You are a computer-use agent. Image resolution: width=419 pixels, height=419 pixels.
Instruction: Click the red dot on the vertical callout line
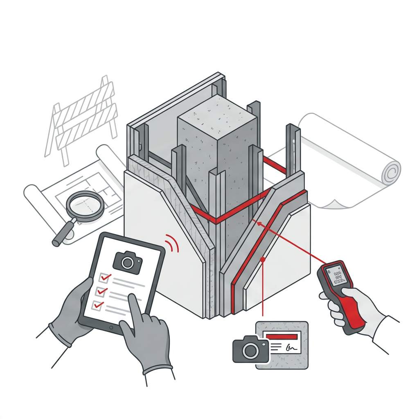263,259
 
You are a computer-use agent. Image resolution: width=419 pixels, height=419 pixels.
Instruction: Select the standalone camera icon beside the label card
250,350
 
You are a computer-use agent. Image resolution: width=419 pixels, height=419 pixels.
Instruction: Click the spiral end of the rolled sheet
391,172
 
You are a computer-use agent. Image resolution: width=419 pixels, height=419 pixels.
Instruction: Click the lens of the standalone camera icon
250,351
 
